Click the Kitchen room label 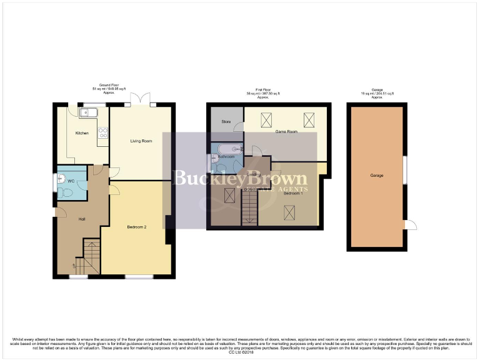(x=82, y=133)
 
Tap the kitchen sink (x=87, y=112)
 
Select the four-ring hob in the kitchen (x=103, y=132)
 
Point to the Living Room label (x=141, y=141)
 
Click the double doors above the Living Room (x=142, y=100)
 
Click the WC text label (x=71, y=181)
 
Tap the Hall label (x=82, y=219)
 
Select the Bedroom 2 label (x=136, y=227)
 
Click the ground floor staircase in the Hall (x=89, y=257)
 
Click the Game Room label (x=286, y=132)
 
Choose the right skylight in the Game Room (x=309, y=119)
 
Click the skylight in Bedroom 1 (x=289, y=212)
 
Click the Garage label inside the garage (x=376, y=175)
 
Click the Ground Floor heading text (x=109, y=85)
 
